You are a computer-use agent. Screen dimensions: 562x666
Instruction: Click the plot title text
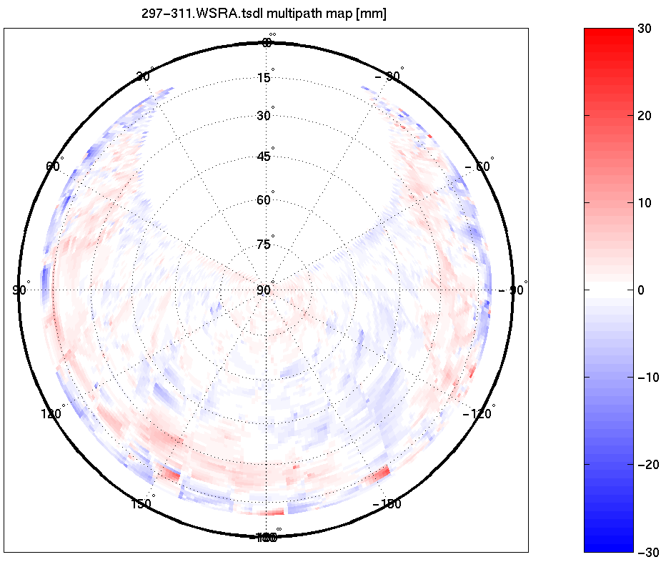point(265,14)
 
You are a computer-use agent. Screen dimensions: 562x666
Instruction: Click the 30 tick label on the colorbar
point(646,28)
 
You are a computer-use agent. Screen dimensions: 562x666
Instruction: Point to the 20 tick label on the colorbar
point(646,115)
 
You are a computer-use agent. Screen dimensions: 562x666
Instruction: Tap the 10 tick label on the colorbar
point(646,202)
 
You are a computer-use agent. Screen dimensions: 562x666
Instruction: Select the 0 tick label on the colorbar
point(642,290)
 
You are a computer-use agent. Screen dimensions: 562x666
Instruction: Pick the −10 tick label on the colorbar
point(647,377)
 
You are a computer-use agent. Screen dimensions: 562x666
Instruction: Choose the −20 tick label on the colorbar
point(647,464)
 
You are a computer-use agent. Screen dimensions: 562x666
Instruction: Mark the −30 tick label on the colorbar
point(647,551)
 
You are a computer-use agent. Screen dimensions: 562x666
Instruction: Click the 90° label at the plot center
point(264,290)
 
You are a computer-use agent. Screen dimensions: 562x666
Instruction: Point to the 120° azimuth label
point(53,414)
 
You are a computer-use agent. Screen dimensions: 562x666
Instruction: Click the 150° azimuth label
point(141,504)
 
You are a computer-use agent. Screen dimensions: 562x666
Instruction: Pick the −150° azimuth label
point(388,504)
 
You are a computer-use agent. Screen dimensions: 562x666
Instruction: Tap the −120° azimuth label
point(477,414)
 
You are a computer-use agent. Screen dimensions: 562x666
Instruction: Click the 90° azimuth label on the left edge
point(20,290)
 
